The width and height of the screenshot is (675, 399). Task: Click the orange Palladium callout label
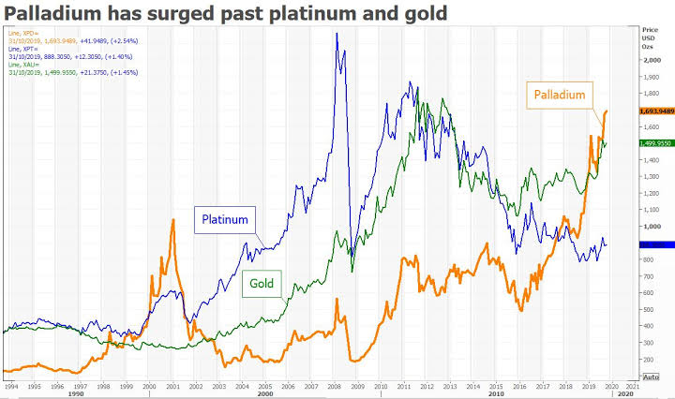click(560, 95)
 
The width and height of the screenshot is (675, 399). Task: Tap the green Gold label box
click(262, 281)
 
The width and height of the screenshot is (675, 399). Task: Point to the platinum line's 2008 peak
click(337, 34)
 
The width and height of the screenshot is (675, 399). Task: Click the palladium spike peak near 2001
click(172, 219)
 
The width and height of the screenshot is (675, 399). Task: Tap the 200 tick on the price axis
click(650, 359)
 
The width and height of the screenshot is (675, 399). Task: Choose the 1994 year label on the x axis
click(11, 385)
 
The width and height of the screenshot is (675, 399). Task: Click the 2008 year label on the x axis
click(333, 385)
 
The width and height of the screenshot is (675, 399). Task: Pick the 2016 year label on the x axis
click(518, 385)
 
